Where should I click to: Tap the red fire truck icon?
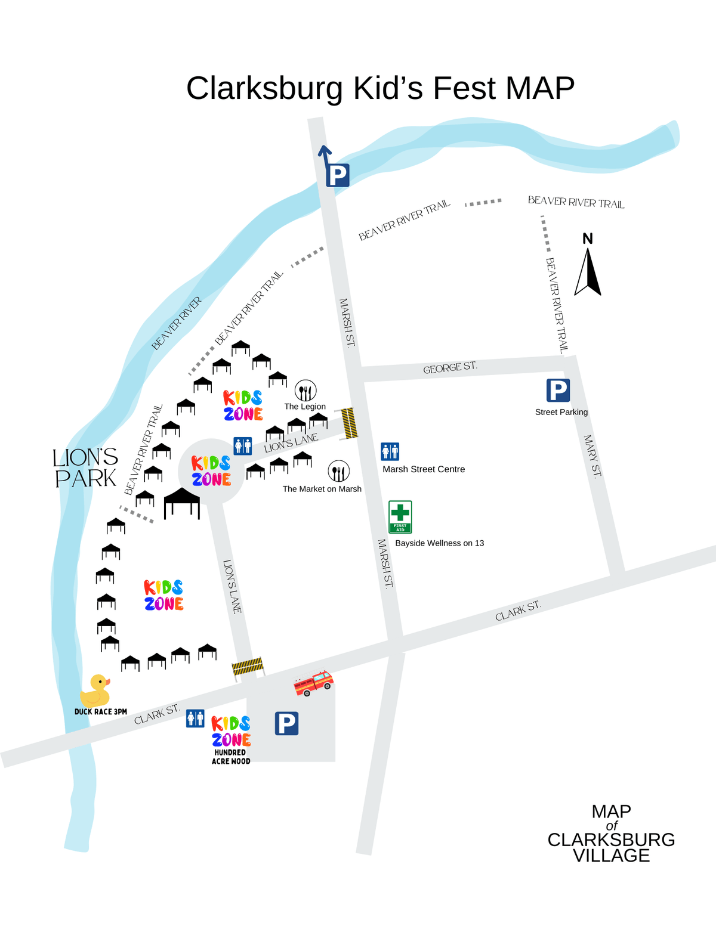pos(313,683)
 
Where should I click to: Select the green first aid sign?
pos(400,516)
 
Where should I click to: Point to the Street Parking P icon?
pos(558,391)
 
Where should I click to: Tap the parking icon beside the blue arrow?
pos(338,175)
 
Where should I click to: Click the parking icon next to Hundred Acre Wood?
pos(286,723)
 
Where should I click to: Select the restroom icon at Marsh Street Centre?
pos(390,451)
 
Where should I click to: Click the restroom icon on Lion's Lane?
pos(242,445)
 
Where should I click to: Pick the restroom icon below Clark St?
pos(195,718)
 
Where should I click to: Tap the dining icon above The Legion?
pos(305,391)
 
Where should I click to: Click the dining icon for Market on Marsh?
pos(338,472)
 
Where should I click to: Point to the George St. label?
pos(450,368)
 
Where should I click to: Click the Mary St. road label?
pos(592,456)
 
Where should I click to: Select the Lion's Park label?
pos(85,468)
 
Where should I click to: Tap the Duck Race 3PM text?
pos(101,712)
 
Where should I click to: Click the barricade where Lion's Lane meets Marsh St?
pos(348,423)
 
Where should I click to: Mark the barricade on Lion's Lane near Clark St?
pos(248,666)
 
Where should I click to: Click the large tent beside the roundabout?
pos(182,502)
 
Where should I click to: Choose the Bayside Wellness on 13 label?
pos(439,543)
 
